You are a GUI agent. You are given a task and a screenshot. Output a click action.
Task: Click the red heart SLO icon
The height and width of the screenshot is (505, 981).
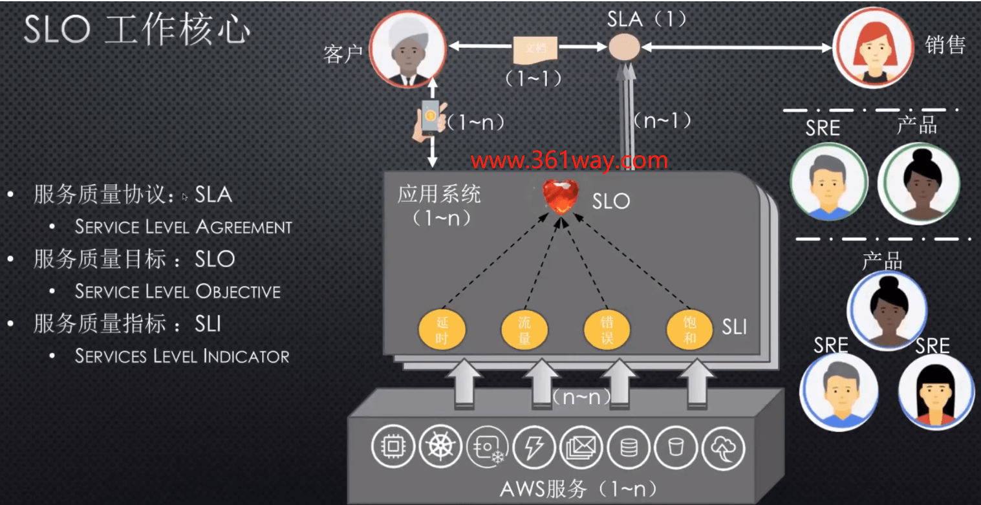560,198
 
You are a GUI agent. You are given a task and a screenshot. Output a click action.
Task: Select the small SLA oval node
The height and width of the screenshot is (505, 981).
625,47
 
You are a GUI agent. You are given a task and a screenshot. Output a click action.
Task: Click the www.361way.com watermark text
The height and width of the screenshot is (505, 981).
568,160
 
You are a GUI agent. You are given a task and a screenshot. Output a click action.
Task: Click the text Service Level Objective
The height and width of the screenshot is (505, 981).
177,291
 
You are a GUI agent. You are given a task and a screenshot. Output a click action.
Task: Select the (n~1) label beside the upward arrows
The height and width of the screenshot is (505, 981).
662,120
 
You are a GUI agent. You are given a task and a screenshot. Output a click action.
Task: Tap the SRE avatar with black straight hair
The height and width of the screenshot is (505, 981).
936,391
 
